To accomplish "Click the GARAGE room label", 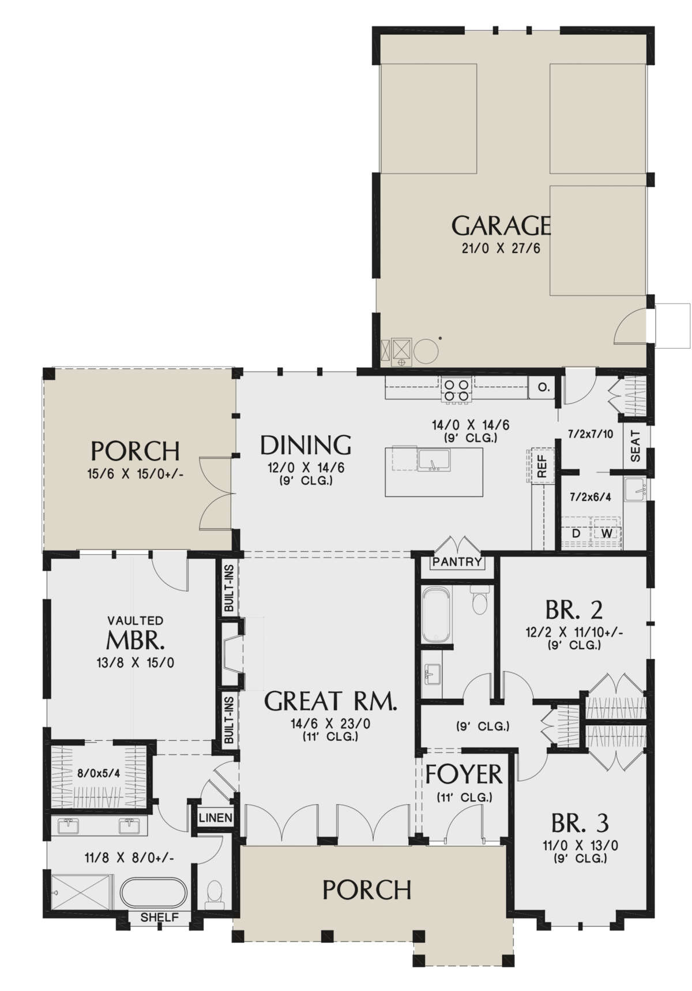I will pos(500,226).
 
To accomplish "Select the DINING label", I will pos(306,446).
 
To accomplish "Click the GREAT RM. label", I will pos(330,702).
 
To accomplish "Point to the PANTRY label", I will pos(457,562).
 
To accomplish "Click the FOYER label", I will pos(464,775).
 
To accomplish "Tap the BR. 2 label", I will pos(574,609).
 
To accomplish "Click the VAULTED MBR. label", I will pos(136,639).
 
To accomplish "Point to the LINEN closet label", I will pos(216,818).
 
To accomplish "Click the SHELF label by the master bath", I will pos(160,918).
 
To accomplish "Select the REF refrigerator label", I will pos(541,466).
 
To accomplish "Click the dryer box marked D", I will pos(576,534).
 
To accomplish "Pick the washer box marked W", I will pos(607,534).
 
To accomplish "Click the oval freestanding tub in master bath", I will pos(153,893).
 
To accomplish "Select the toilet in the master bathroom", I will pos(214,894).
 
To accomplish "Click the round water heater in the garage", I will pos(426,350).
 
